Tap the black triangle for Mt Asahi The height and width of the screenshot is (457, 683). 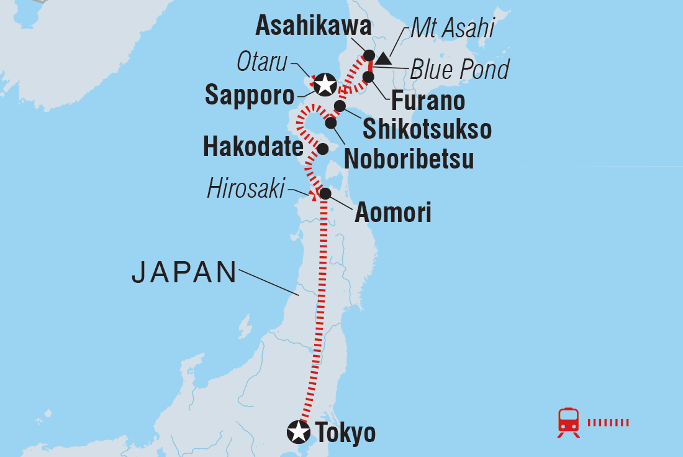tap(383, 58)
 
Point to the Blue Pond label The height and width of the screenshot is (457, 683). tap(459, 70)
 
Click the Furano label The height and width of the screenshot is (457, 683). tap(428, 100)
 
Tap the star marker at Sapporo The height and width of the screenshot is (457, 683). tap(324, 83)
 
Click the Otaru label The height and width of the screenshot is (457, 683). tap(263, 62)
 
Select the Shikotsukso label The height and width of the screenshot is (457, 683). tap(427, 129)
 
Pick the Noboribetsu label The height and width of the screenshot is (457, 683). tap(409, 159)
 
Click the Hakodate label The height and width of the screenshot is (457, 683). tap(253, 147)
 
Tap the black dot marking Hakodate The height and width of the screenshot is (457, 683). tap(323, 149)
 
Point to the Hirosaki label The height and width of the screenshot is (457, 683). tap(245, 188)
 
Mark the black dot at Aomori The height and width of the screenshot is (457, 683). tap(325, 194)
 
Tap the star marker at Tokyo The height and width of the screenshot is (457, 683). tap(298, 431)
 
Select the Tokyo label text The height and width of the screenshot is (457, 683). tap(345, 432)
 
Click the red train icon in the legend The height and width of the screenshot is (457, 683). tap(569, 422)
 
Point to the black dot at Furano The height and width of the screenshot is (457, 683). tap(368, 76)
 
